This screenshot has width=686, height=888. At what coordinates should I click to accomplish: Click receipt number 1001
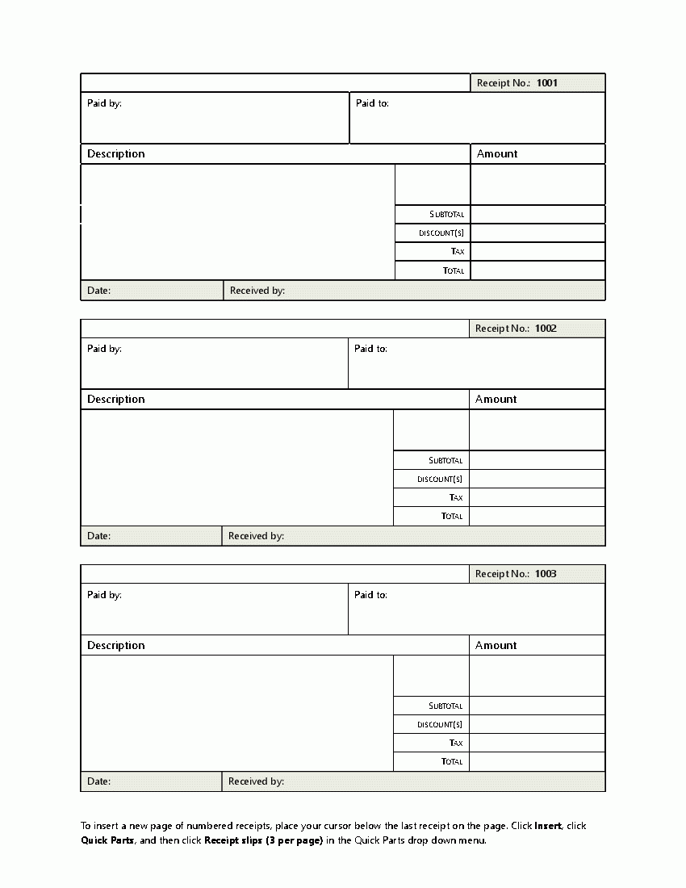coord(546,83)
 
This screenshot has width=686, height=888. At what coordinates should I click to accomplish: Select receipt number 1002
coord(546,329)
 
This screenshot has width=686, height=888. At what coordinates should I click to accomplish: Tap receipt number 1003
coord(546,574)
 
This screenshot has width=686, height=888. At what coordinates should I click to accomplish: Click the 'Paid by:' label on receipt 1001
coord(104,103)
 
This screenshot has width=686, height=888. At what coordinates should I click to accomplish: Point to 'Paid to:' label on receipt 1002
coord(370,349)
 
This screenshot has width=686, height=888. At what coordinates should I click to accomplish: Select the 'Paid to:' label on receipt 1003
coord(370,595)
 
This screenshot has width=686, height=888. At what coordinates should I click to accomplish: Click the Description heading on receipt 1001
coord(116,154)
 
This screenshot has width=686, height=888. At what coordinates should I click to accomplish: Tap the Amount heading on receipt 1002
coord(496,400)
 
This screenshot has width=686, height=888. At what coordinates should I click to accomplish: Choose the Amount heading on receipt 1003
coord(496,646)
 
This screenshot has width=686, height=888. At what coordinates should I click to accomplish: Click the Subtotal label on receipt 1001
coord(448,215)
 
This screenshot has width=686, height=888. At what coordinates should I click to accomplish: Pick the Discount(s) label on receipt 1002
coord(440,480)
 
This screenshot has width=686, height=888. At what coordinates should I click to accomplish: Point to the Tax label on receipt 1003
coord(456,743)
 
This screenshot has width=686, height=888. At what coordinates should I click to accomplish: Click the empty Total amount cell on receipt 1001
coord(538,271)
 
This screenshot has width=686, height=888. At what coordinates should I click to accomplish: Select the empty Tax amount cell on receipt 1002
coord(537,498)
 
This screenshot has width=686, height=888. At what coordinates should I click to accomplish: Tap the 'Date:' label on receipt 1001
coord(98,291)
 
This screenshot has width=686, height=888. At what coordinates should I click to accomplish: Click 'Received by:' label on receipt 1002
coord(256,536)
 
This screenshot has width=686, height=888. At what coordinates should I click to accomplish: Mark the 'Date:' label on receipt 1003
coord(98,781)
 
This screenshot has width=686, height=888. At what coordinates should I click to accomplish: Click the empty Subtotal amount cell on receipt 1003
coord(537,706)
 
